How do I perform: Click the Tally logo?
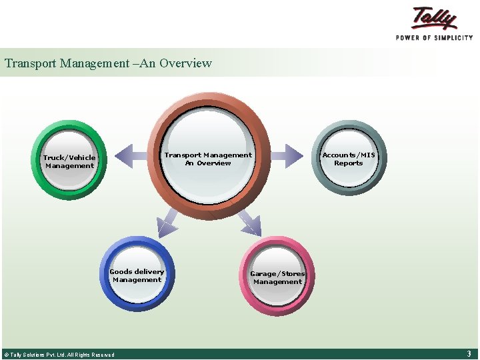click(x=435, y=18)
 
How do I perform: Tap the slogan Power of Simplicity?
click(x=434, y=38)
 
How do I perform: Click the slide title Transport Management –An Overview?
click(x=108, y=63)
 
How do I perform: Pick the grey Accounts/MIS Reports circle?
click(x=349, y=158)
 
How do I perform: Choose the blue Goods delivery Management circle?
click(x=137, y=275)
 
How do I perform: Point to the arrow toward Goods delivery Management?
click(x=167, y=221)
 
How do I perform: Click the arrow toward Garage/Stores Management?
click(x=250, y=222)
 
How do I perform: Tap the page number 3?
click(x=469, y=354)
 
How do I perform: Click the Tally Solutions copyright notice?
click(x=59, y=355)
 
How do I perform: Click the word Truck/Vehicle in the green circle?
click(x=69, y=158)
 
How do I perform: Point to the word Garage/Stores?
click(x=277, y=273)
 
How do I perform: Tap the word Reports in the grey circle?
click(x=349, y=163)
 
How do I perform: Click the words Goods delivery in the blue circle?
click(x=137, y=271)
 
